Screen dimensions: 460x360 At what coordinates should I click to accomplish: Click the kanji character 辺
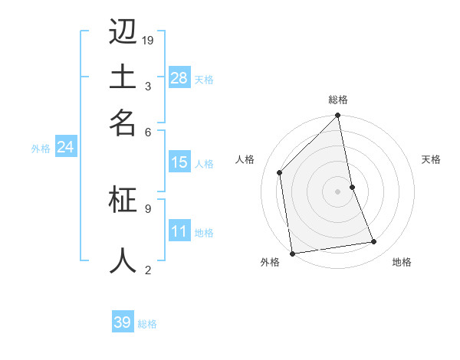tap(123, 32)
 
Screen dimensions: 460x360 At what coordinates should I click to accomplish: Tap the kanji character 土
tap(123, 77)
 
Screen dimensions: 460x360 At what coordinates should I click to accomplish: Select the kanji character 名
tap(123, 123)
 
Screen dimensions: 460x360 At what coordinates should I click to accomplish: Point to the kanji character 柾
tap(123, 199)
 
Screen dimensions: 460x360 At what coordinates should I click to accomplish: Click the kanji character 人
tap(123, 260)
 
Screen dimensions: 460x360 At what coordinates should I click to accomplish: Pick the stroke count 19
tap(148, 41)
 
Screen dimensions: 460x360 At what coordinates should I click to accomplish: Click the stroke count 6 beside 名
tap(148, 132)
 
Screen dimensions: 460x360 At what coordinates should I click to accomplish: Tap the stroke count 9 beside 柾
tap(148, 208)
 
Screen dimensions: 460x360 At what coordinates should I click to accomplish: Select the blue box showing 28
tap(179, 78)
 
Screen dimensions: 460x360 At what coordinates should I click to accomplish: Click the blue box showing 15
tap(179, 162)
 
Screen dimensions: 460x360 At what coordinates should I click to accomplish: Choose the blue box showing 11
tap(179, 231)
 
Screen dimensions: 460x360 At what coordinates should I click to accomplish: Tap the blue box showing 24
tap(65, 147)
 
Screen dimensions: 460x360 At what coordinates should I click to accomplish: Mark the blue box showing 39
tap(122, 322)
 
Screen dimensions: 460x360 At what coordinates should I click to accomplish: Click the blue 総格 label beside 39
tap(148, 324)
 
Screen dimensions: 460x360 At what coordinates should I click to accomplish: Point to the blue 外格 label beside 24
tap(41, 149)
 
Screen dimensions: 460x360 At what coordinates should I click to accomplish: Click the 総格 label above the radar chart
tap(338, 100)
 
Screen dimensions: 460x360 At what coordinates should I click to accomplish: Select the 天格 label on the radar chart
tap(431, 159)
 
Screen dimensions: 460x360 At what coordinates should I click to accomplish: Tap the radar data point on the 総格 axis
tap(338, 116)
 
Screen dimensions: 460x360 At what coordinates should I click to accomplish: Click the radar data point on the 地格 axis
tap(374, 242)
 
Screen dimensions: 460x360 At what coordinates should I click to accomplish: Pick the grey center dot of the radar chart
tap(338, 191)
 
